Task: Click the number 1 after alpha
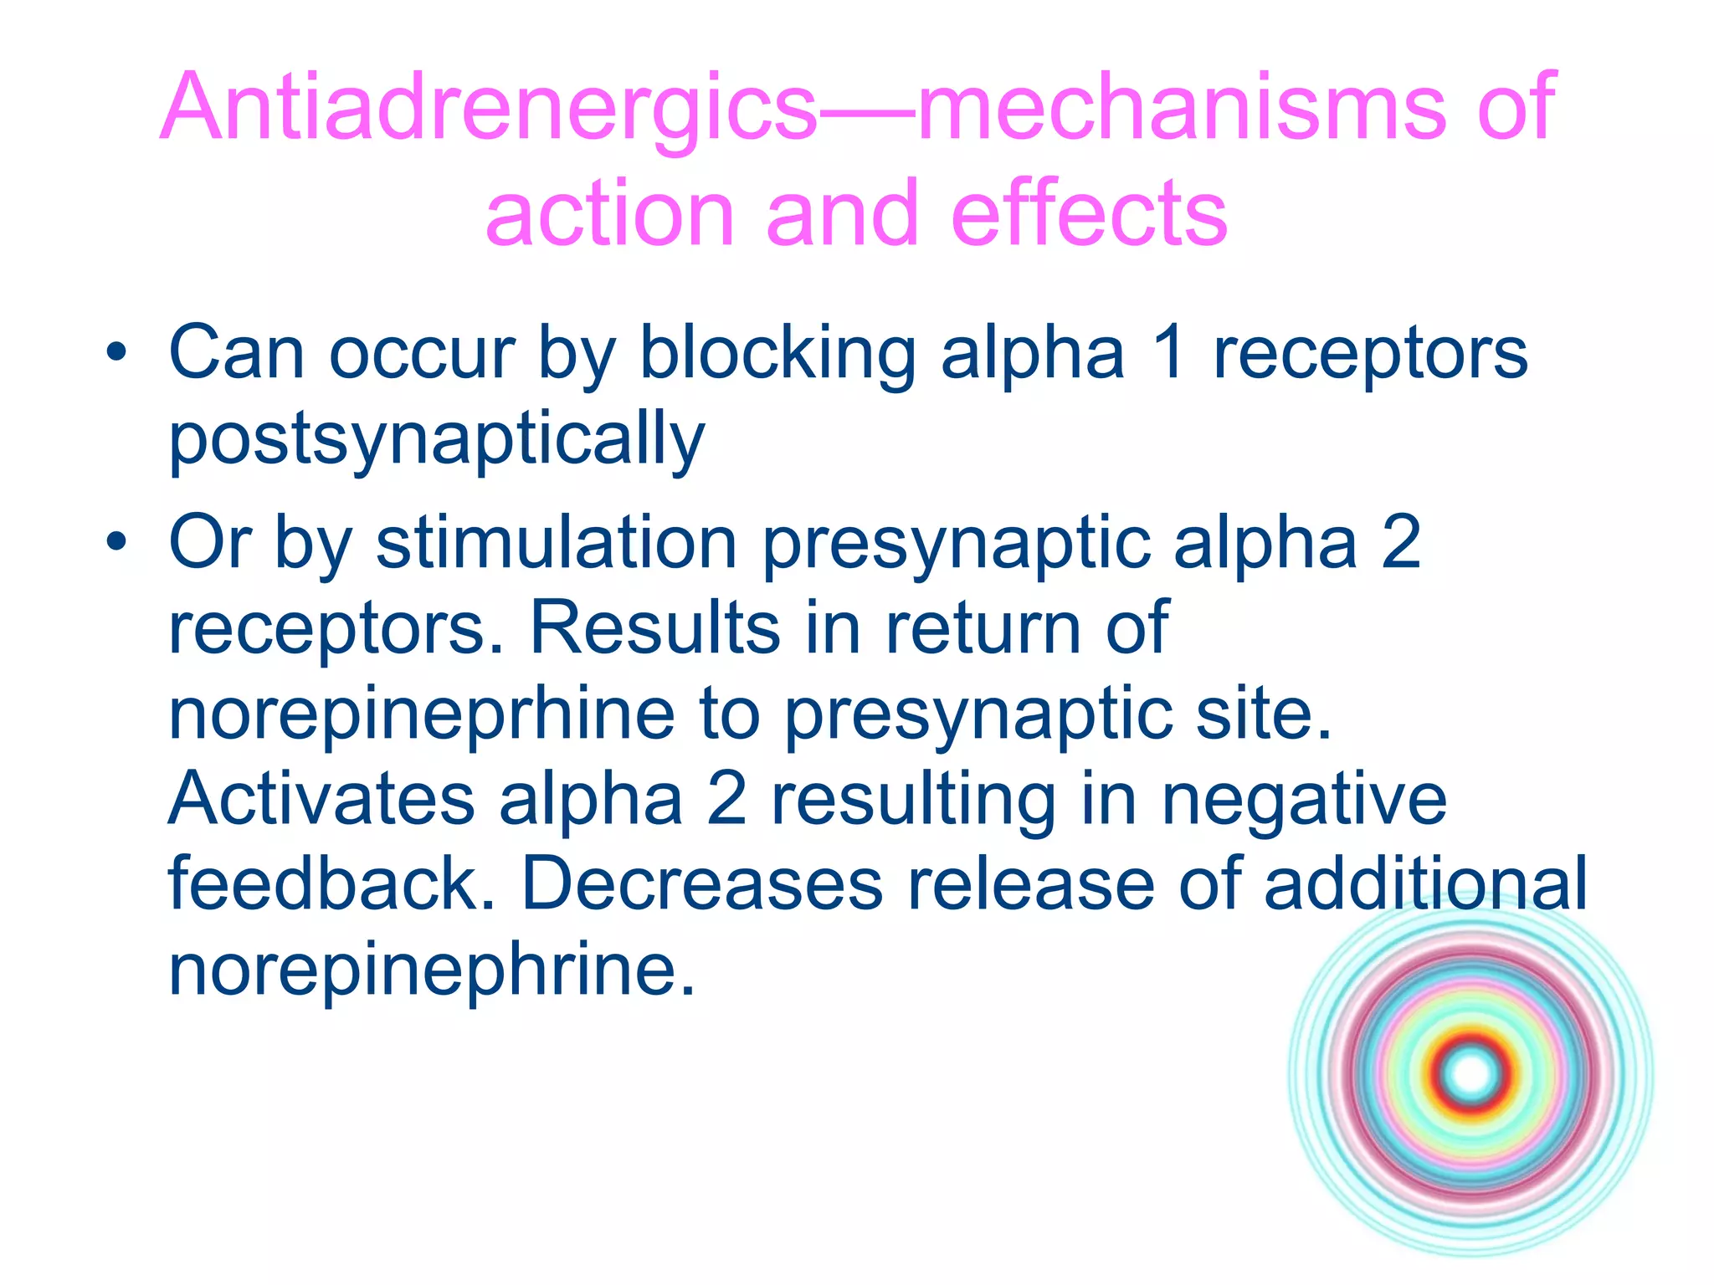pyautogui.click(x=1168, y=353)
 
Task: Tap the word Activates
pyautogui.click(x=322, y=799)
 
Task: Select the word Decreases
pyautogui.click(x=703, y=884)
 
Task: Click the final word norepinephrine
pyautogui.click(x=422, y=970)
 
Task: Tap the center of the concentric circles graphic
pyautogui.click(x=1471, y=1073)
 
